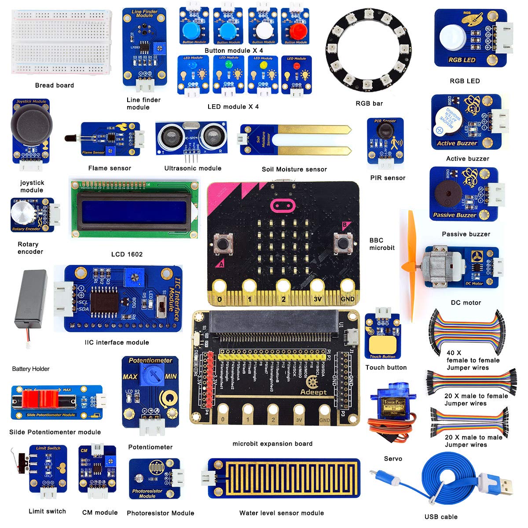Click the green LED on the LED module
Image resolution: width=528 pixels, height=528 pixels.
tap(228, 65)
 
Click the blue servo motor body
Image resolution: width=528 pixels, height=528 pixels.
tap(385, 404)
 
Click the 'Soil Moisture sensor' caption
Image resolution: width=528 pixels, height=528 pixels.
tap(294, 169)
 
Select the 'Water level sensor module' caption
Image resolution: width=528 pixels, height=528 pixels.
tap(281, 513)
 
